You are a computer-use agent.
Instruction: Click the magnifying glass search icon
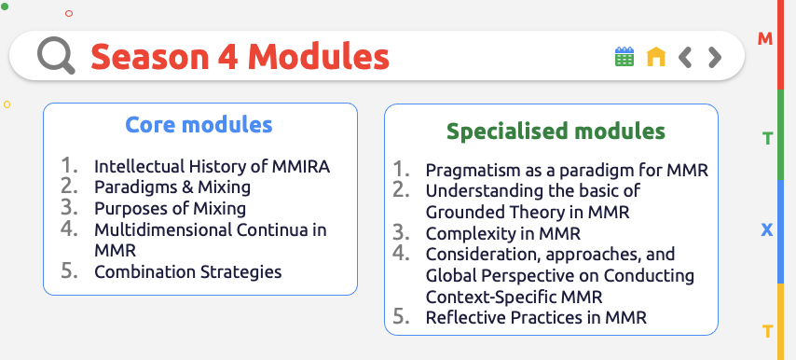56,57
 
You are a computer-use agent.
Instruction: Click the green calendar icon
624,57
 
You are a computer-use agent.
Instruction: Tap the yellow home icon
656,57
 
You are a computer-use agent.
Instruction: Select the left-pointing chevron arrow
685,58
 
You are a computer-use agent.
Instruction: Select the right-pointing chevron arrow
715,58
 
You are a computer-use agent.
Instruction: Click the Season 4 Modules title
240,57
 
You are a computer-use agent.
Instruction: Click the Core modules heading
199,125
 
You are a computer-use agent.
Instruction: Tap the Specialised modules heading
556,131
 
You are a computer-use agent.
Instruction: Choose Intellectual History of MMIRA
212,167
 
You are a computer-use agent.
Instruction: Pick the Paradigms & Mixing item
172,187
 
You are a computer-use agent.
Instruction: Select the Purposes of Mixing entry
170,208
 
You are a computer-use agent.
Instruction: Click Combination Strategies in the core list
187,271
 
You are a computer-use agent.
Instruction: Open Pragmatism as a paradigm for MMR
567,171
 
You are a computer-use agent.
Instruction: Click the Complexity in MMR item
503,233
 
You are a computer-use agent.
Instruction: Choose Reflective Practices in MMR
536,317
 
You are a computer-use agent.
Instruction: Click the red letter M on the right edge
765,39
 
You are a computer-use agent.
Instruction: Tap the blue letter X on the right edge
767,229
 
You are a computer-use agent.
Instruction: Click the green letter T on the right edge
767,139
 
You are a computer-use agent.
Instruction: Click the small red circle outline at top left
69,13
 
